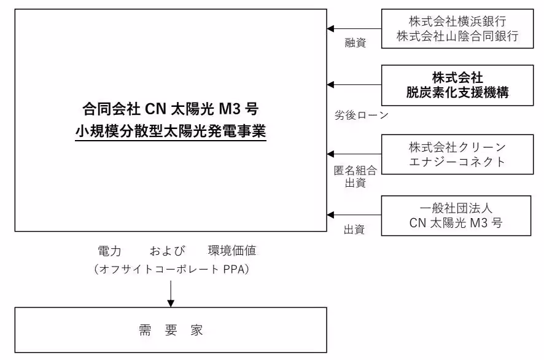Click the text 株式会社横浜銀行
tap(457, 22)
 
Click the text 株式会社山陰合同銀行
tap(457, 36)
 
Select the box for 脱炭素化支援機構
tap(457, 85)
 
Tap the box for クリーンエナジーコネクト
tap(457, 154)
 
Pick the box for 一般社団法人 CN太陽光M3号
tap(456, 216)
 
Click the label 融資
tap(355, 43)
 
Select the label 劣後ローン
tap(361, 115)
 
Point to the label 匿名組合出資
tap(355, 176)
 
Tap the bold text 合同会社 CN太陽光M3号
tap(171, 109)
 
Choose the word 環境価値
tap(232, 251)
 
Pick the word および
tap(167, 251)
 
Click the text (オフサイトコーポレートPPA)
tap(171, 269)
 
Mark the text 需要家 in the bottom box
tap(171, 331)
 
